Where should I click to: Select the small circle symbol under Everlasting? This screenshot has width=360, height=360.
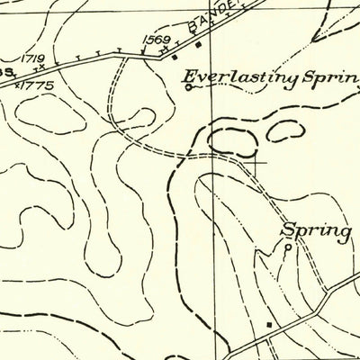187,88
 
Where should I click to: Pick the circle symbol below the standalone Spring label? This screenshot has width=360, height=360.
288,246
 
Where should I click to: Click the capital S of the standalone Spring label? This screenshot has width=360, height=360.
289,229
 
